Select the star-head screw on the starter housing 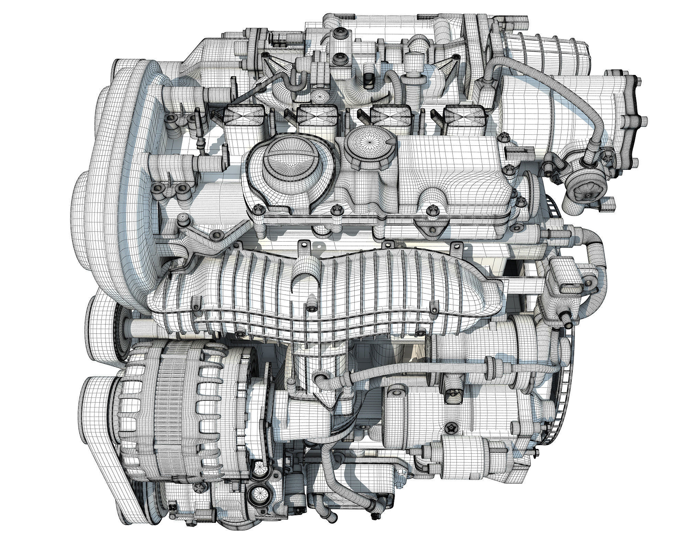[451, 428]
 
